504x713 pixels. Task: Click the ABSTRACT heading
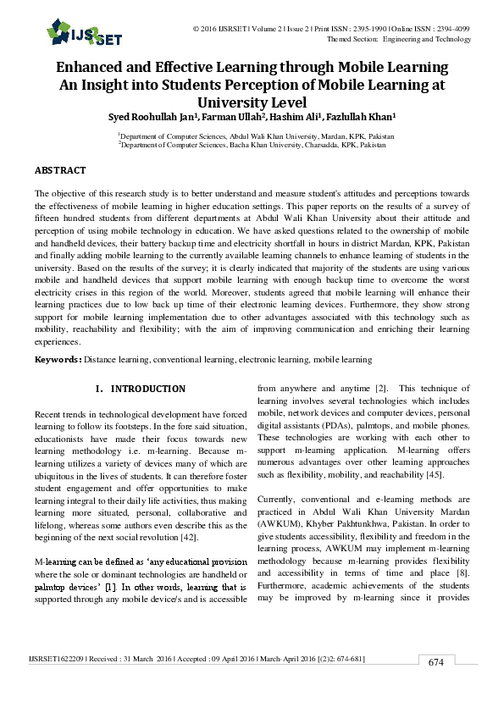click(x=60, y=171)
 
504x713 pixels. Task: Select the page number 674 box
click(x=435, y=686)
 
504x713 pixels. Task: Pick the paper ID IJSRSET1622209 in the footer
click(x=58, y=682)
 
